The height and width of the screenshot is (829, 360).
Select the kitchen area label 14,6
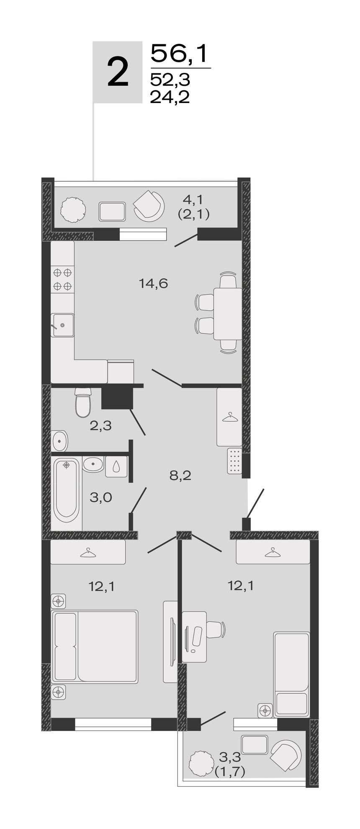[154, 283]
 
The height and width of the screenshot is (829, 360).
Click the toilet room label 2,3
[100, 426]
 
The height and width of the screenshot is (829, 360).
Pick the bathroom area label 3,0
[101, 497]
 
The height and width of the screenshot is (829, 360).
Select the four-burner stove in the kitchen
[62, 280]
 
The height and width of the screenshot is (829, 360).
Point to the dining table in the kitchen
[227, 314]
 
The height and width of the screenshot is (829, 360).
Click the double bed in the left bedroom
[95, 646]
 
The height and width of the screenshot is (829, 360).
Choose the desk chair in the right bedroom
[216, 629]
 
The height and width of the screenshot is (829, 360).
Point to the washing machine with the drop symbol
[116, 466]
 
